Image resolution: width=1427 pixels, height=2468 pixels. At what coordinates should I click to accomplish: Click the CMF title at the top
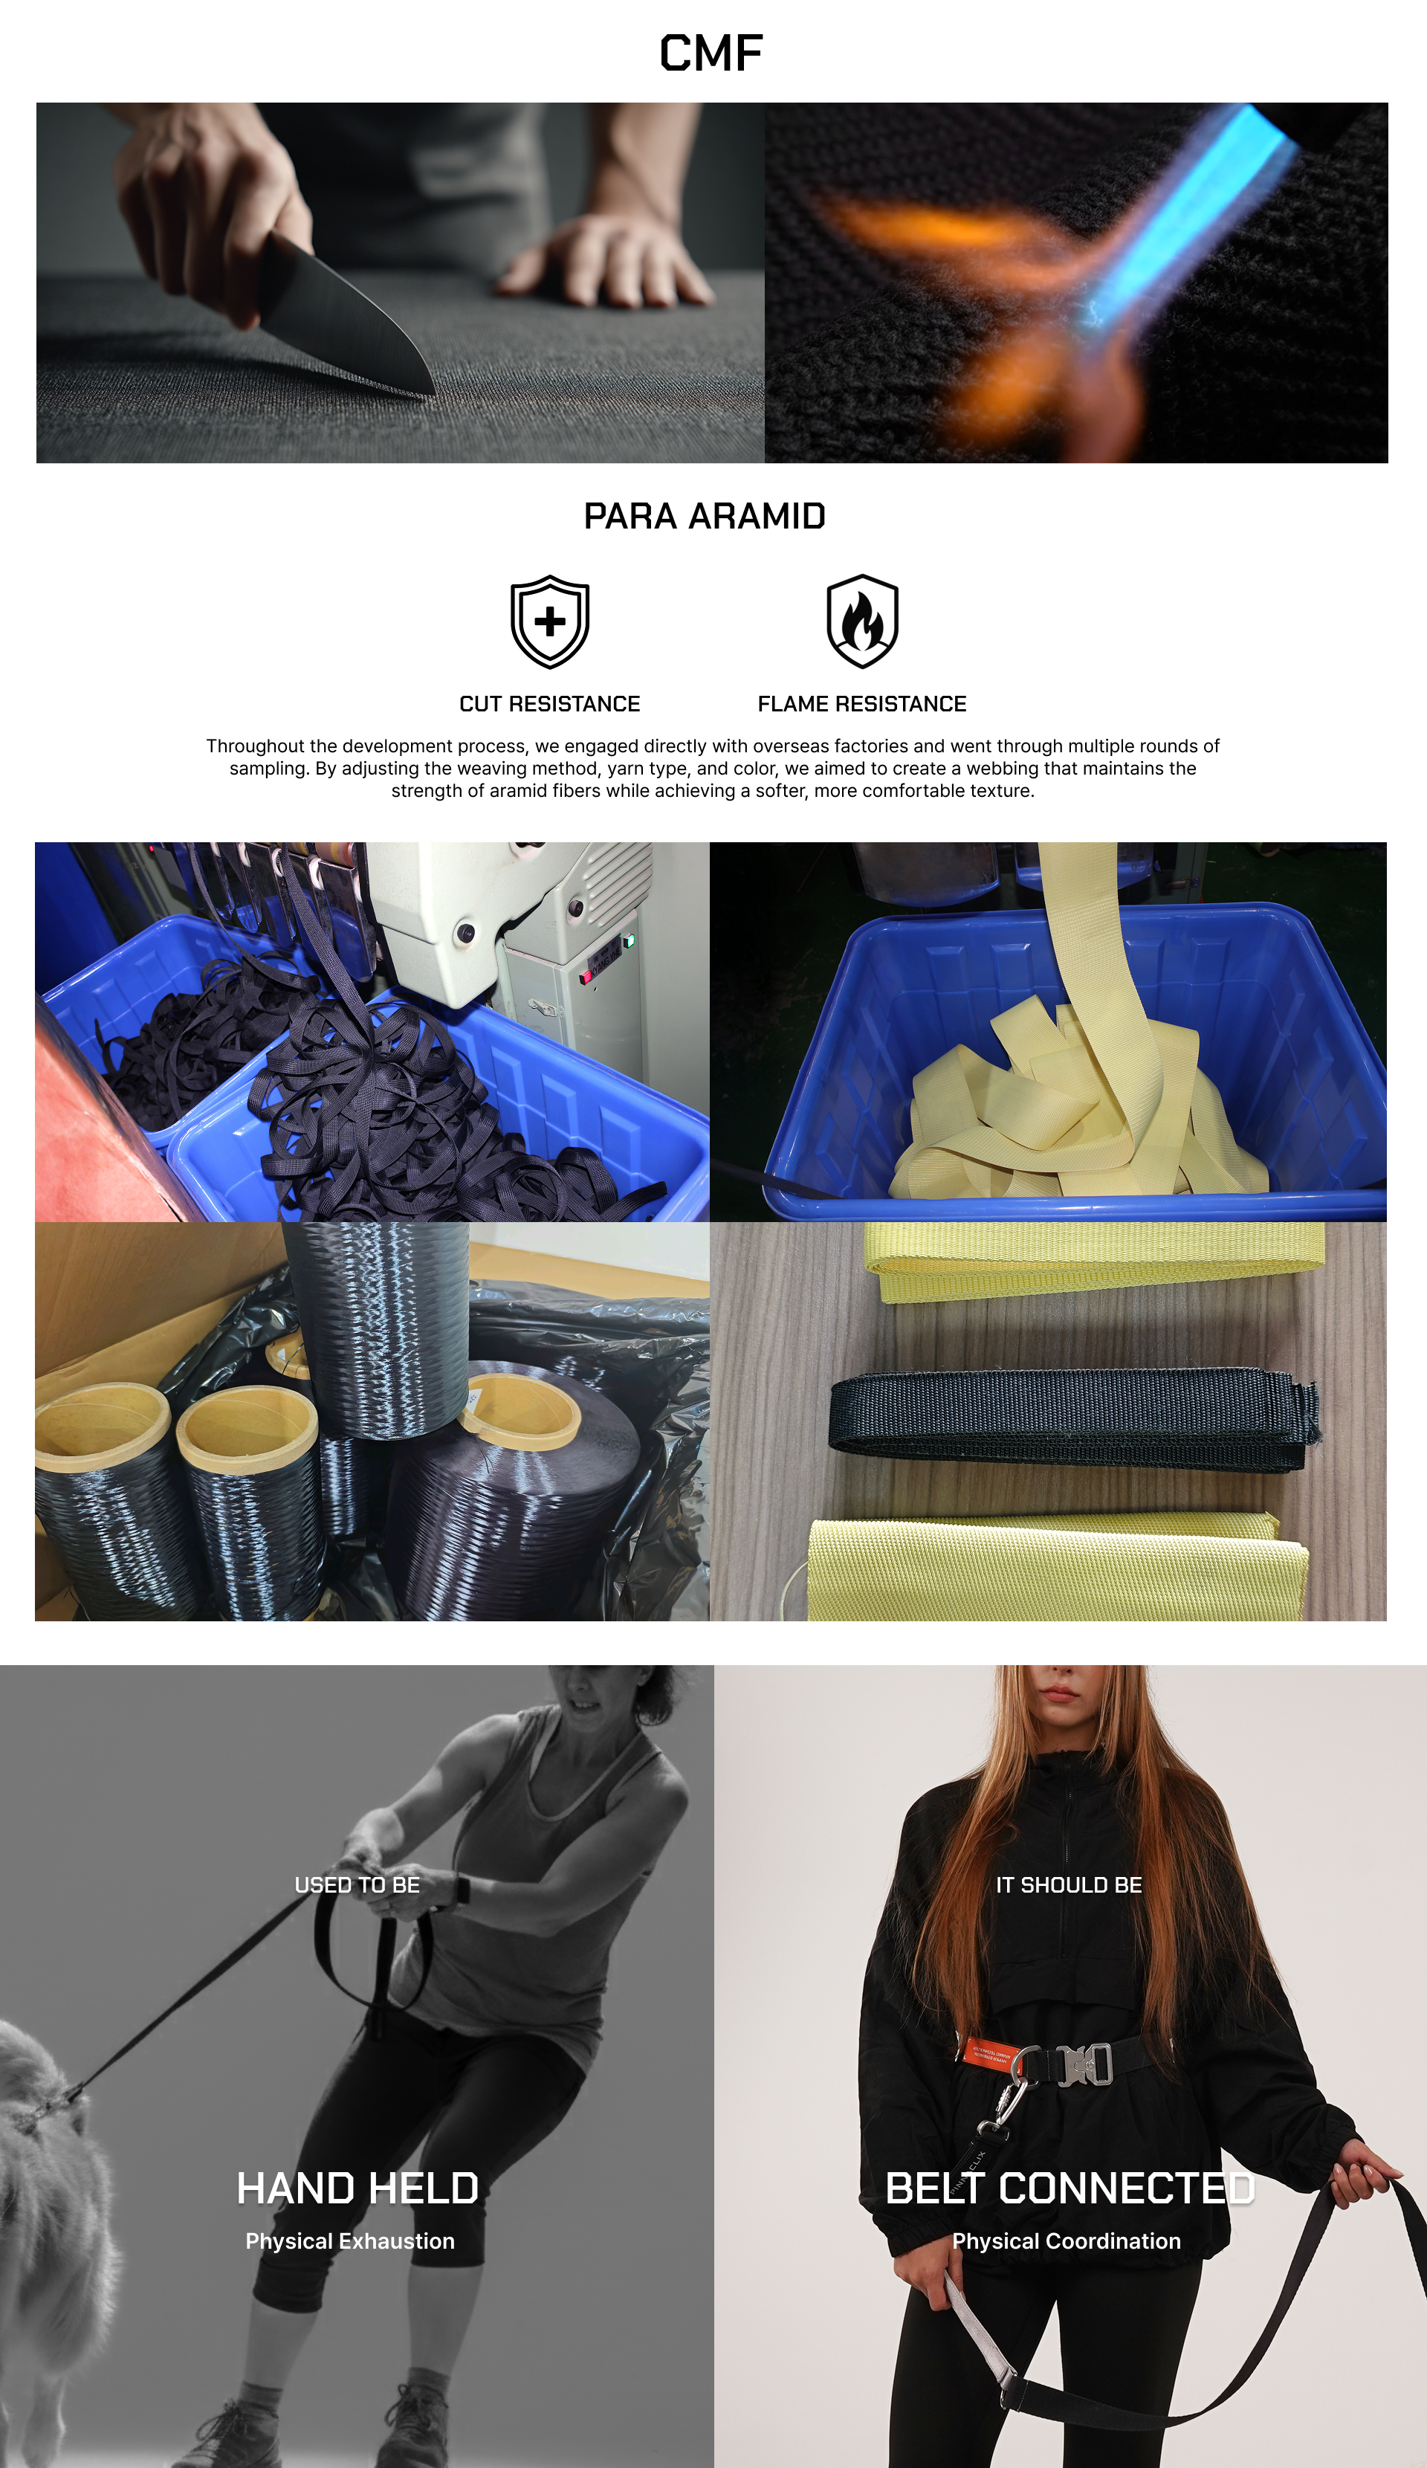pyautogui.click(x=711, y=53)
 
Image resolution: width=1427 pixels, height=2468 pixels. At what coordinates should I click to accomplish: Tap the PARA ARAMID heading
pyautogui.click(x=704, y=516)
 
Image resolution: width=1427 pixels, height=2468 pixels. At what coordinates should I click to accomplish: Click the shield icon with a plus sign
pyautogui.click(x=549, y=622)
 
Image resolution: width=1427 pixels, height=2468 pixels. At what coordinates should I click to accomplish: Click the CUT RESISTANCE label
pyautogui.click(x=549, y=704)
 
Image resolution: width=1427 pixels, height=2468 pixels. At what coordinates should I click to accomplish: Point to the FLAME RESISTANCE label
pyautogui.click(x=862, y=704)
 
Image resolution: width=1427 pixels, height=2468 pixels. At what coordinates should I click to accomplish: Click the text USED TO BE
pyautogui.click(x=357, y=1885)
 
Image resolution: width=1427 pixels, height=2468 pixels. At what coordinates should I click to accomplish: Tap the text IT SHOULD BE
pyautogui.click(x=1069, y=1885)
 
